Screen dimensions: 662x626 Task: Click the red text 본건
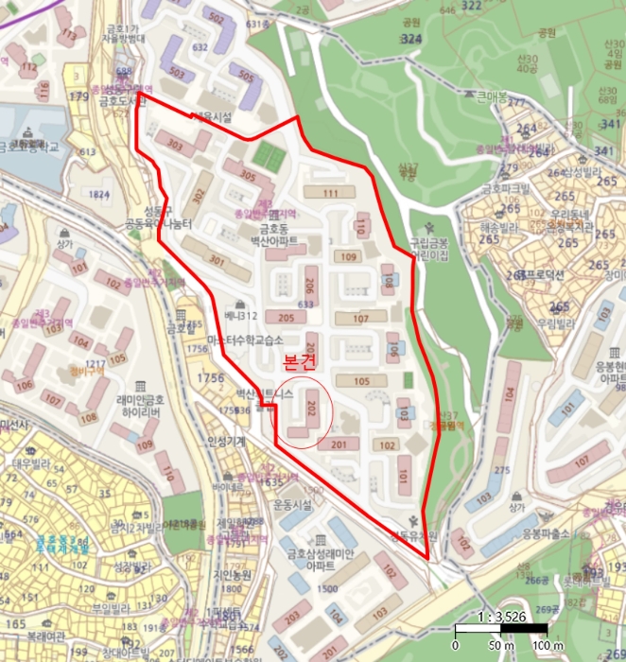(x=300, y=361)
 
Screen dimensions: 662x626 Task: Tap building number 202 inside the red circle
(x=312, y=409)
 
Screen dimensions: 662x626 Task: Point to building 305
(x=248, y=174)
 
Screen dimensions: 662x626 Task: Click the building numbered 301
(x=217, y=261)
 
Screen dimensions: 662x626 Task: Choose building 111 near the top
(x=330, y=193)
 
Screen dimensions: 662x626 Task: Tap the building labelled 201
(x=342, y=444)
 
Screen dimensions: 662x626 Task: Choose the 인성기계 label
(x=226, y=441)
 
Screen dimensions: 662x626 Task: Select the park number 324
(x=410, y=40)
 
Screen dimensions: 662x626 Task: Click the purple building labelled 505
(x=244, y=77)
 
